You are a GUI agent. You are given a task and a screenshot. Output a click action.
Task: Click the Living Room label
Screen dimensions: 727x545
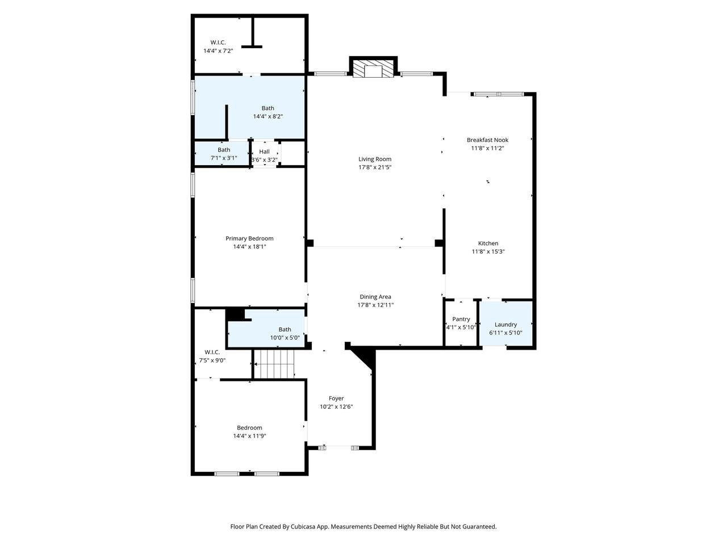(375, 159)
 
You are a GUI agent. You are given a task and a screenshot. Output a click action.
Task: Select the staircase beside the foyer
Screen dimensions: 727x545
(274, 364)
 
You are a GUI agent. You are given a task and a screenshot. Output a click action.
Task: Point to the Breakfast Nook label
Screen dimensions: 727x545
(487, 140)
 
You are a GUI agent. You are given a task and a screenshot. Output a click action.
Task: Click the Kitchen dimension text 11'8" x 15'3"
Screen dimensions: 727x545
(488, 251)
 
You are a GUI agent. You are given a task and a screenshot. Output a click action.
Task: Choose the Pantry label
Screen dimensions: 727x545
(461, 319)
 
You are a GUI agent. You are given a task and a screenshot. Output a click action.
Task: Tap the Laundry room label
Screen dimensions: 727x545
(505, 325)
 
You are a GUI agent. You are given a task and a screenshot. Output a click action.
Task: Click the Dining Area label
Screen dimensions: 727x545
(375, 297)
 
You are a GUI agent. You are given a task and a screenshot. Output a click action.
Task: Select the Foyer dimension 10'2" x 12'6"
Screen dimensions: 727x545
(336, 406)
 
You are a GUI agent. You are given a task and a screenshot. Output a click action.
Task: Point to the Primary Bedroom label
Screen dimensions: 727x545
(249, 238)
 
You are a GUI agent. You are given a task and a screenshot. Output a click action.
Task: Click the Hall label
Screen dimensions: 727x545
(264, 152)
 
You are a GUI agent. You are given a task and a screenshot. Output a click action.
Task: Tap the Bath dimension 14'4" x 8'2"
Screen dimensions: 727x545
(268, 116)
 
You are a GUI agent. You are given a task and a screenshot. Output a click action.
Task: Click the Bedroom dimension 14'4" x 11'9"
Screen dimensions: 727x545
(249, 436)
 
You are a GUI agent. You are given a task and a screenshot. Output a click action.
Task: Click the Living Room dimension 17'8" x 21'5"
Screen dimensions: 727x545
(375, 167)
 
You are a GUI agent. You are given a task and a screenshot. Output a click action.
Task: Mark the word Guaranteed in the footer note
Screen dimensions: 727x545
(479, 527)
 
